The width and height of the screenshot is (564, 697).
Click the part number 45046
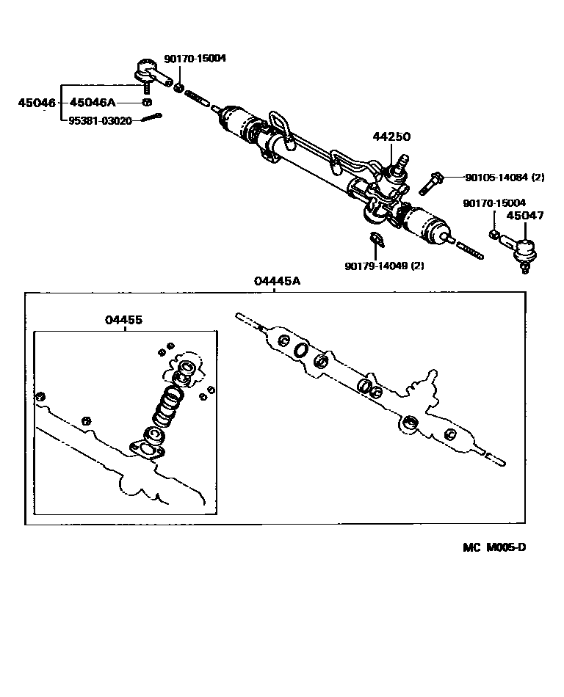coord(37,103)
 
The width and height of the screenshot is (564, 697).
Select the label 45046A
coord(93,103)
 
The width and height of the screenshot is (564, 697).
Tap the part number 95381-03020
coord(100,120)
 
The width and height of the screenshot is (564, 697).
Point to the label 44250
coord(391,136)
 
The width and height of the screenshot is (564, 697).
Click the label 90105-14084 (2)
coord(504,177)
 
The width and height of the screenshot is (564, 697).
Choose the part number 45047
coord(525,216)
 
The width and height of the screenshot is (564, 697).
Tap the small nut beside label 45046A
coord(147,102)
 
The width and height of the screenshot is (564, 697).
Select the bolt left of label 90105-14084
coord(431,181)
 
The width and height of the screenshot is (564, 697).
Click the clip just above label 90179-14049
coord(376,239)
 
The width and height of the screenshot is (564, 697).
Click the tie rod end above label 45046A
coord(147,73)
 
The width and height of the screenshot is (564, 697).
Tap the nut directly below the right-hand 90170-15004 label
coord(495,235)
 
